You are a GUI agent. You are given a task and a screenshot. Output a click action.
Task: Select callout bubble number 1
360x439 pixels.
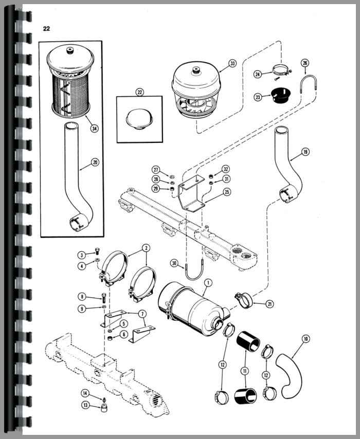(x=208, y=282)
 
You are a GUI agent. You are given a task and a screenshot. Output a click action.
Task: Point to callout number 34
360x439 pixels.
(x=94, y=129)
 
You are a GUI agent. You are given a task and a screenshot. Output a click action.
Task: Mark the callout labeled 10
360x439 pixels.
(x=306, y=339)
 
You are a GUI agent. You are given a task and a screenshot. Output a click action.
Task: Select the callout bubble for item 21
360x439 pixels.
(x=270, y=304)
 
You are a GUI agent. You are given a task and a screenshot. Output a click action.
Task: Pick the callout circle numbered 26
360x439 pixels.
(x=305, y=63)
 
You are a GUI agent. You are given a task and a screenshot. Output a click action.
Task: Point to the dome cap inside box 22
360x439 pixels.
(x=139, y=117)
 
